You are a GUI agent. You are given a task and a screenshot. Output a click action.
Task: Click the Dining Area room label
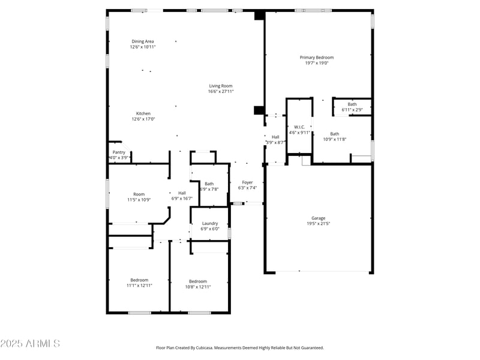(x=143, y=41)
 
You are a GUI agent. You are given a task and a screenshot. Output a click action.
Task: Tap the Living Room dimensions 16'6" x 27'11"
(x=220, y=91)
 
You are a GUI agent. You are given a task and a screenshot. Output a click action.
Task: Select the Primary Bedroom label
(x=316, y=58)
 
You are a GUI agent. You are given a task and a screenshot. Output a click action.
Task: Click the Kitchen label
(x=143, y=113)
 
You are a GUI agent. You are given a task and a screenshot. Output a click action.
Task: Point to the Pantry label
(x=119, y=152)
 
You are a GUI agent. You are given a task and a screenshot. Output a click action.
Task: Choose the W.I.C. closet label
(x=299, y=127)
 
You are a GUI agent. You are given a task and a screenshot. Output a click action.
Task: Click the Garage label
(x=318, y=218)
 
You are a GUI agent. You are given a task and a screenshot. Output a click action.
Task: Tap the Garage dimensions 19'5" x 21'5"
(x=318, y=224)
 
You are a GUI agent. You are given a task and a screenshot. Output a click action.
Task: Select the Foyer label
(x=247, y=182)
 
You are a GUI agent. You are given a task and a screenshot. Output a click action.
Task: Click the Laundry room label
(x=210, y=223)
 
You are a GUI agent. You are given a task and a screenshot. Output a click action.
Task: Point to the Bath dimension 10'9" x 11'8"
(x=334, y=139)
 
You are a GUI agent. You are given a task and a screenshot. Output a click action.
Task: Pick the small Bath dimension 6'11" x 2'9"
(x=352, y=110)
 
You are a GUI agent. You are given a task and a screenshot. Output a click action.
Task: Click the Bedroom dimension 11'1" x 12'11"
(x=139, y=286)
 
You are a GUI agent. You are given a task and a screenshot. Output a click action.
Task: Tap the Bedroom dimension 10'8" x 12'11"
(x=198, y=287)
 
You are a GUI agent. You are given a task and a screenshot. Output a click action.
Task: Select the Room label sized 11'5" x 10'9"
(x=139, y=194)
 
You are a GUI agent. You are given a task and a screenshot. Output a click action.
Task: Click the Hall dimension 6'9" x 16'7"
(x=182, y=198)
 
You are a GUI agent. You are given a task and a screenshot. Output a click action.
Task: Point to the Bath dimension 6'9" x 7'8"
(x=209, y=189)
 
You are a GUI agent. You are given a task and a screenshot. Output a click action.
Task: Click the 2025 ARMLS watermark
(x=30, y=344)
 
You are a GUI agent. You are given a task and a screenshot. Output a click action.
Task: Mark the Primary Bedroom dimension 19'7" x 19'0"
(x=316, y=63)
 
